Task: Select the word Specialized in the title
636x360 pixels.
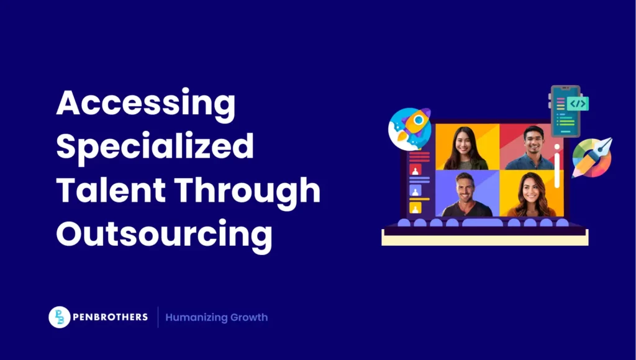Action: pos(155,148)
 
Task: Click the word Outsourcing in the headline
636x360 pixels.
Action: pos(164,234)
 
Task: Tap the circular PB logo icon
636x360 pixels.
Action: pos(59,317)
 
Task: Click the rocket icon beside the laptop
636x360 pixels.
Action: pos(409,128)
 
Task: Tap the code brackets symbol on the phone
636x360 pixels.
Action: pos(577,104)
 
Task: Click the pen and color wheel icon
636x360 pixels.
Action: pos(591,158)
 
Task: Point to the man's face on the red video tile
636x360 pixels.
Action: pos(532,141)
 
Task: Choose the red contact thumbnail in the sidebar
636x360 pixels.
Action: pos(416,169)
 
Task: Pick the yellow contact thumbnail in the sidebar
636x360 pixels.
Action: pos(416,207)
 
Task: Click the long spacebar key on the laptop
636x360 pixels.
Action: pos(483,222)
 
